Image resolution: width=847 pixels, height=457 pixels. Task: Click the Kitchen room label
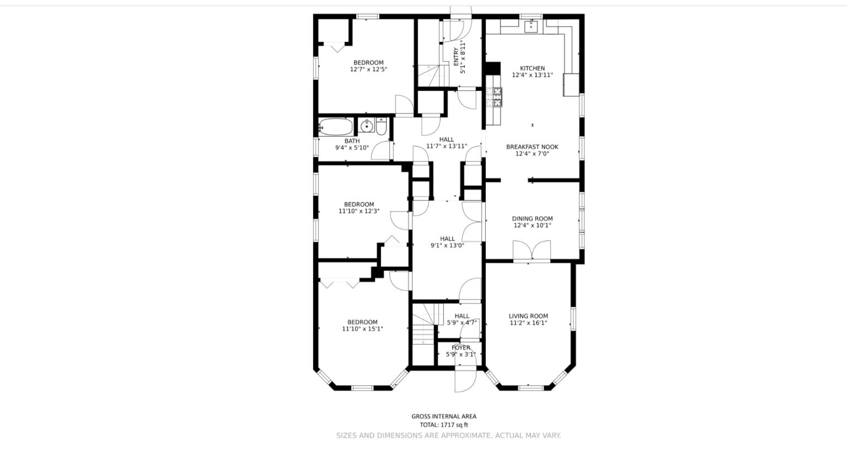pyautogui.click(x=532, y=68)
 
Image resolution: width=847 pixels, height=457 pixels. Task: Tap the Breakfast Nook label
pyautogui.click(x=532, y=147)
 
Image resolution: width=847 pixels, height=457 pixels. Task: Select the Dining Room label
pyautogui.click(x=532, y=218)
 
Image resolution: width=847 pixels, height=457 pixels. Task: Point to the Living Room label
pyautogui.click(x=528, y=316)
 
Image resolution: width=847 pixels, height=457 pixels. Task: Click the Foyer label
pyautogui.click(x=461, y=348)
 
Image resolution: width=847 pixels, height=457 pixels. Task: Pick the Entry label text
pyautogui.click(x=455, y=58)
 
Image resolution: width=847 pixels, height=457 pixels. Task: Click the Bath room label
pyautogui.click(x=352, y=141)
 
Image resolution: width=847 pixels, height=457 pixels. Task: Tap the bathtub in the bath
pyautogui.click(x=335, y=127)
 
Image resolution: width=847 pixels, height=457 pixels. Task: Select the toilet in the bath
pyautogui.click(x=381, y=127)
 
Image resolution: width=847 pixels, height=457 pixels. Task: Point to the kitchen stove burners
pyautogui.click(x=497, y=97)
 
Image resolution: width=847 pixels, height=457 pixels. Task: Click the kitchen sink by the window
pyautogui.click(x=532, y=25)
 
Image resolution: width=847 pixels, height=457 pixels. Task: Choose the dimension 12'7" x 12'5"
pyautogui.click(x=368, y=69)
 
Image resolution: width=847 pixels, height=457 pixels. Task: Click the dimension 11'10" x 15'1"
pyautogui.click(x=362, y=329)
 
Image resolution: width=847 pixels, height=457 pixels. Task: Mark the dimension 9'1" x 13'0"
pyautogui.click(x=447, y=246)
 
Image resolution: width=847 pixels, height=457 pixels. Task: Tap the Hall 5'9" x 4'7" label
pyautogui.click(x=462, y=316)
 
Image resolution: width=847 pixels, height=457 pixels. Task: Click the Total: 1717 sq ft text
pyautogui.click(x=443, y=425)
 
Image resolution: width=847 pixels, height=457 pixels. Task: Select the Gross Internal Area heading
pyautogui.click(x=443, y=416)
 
